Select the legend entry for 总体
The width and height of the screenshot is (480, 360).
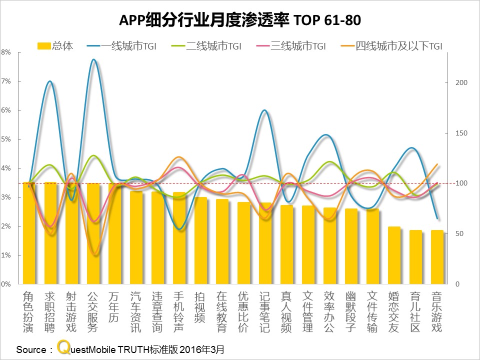(x=55, y=46)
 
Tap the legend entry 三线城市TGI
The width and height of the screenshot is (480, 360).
(x=291, y=46)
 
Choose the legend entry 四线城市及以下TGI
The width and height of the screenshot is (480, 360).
(x=391, y=46)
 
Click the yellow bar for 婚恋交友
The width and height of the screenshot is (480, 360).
(x=394, y=255)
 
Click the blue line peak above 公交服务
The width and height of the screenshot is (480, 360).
(x=93, y=59)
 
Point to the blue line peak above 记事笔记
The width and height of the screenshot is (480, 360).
(x=264, y=110)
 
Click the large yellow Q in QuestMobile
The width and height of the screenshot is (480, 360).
(x=63, y=347)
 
